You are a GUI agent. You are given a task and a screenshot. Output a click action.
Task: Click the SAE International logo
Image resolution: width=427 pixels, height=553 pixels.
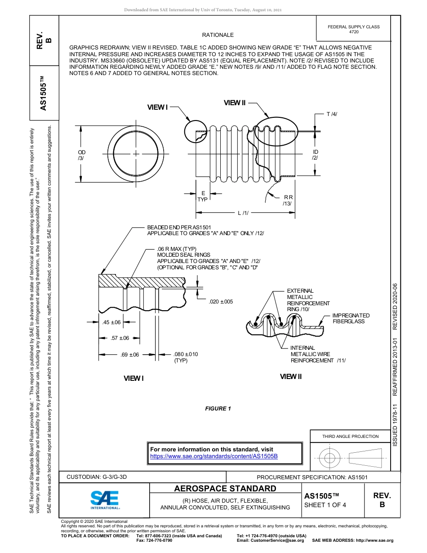pos(105,499)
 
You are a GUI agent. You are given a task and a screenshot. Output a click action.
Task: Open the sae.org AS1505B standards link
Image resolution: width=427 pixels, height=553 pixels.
pos(213,456)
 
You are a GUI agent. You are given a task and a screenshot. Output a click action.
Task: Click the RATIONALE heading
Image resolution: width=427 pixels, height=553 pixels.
pos(218,35)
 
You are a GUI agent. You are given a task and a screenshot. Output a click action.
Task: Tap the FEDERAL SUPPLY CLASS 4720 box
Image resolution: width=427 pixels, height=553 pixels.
pos(353,30)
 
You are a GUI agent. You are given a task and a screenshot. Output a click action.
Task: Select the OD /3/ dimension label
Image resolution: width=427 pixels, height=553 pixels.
pos(81,156)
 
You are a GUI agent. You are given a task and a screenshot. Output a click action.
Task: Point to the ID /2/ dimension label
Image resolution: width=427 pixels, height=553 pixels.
pos(316,155)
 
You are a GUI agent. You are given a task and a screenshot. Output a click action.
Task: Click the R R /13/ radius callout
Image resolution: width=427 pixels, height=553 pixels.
pos(288,201)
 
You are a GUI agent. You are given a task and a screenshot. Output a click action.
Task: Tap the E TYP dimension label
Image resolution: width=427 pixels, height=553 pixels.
pos(203,196)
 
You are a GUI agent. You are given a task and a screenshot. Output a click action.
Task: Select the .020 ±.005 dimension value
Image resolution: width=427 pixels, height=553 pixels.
pos(221,301)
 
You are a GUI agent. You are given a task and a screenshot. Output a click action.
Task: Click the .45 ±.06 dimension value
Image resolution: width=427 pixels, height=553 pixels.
pos(111,322)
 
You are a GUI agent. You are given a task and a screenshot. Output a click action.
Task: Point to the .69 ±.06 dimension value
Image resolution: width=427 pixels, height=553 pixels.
pos(130,354)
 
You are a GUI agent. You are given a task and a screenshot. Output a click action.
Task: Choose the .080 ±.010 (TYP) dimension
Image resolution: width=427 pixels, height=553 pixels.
pos(185,357)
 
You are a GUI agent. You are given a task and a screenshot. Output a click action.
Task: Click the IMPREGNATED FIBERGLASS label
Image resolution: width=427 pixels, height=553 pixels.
pos(351,318)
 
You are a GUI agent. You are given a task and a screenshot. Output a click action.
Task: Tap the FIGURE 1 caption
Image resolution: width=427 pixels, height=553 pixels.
pos(218,409)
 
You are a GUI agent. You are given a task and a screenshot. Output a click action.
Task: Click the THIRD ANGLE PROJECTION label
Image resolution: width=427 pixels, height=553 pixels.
pos(350,436)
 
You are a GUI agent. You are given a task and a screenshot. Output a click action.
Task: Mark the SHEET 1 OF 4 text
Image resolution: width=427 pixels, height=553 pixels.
pos(325,504)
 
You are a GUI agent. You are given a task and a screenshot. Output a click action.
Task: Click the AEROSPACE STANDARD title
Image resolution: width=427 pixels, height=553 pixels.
pos(225,489)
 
